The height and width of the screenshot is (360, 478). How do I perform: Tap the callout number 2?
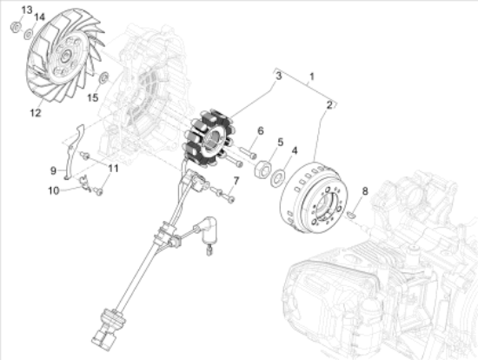(330, 105)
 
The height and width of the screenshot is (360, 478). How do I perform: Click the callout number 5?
(280, 142)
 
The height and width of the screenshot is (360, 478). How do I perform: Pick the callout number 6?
(259, 131)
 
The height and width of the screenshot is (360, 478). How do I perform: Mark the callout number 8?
(365, 190)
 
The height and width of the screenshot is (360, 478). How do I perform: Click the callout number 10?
(53, 190)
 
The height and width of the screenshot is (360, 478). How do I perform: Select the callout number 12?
(36, 112)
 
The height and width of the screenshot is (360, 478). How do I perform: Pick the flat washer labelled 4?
(277, 178)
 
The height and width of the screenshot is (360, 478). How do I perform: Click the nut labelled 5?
(261, 168)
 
